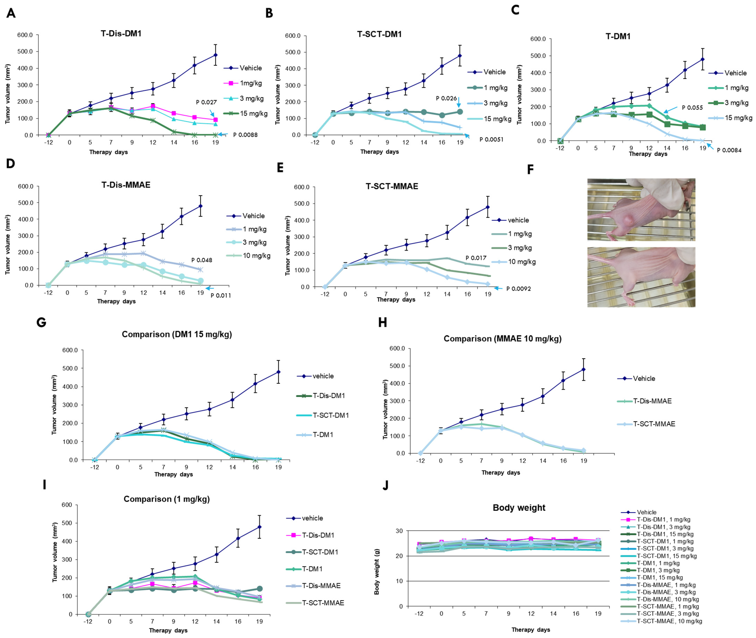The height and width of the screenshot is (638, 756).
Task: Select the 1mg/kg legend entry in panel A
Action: click(x=250, y=83)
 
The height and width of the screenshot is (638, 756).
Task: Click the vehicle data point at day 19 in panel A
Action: click(x=215, y=55)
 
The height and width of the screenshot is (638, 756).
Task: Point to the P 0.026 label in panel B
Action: click(x=446, y=98)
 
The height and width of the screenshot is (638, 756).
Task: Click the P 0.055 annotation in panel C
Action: click(x=692, y=107)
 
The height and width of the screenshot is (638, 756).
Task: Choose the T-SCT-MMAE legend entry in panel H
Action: click(x=654, y=424)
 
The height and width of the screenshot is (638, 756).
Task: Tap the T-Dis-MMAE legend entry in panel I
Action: click(x=321, y=586)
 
